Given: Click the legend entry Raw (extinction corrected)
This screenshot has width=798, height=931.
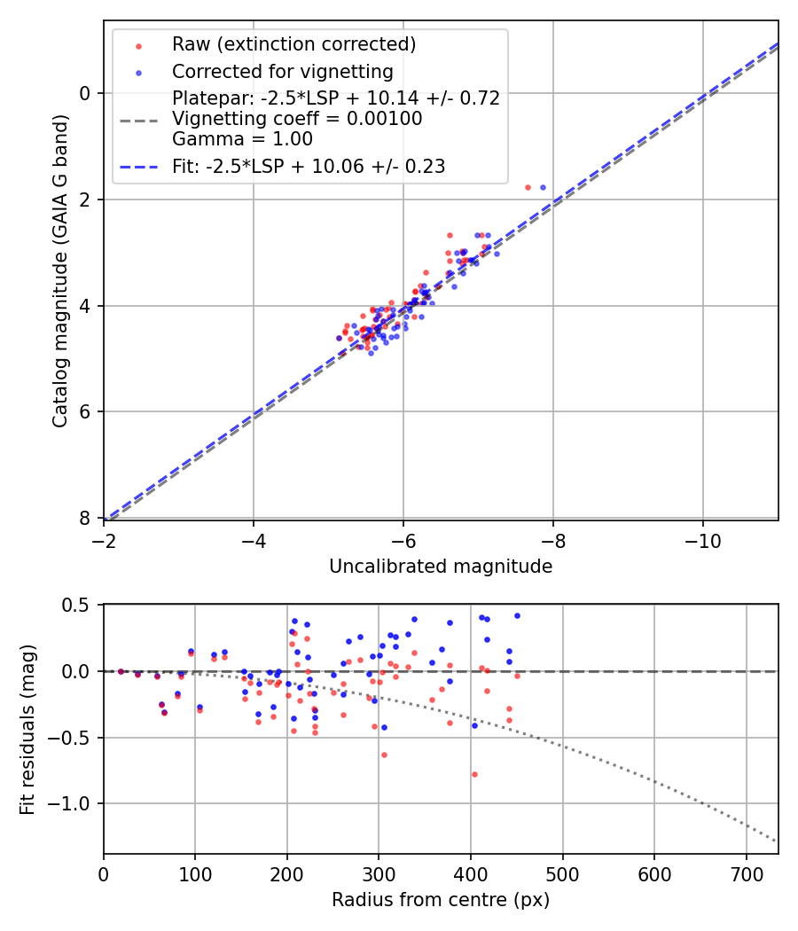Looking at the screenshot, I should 293,44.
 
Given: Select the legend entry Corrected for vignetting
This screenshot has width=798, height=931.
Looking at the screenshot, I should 282,71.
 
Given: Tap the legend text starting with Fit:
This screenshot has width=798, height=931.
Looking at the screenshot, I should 308,166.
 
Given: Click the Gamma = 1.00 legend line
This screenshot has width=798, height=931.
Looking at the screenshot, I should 242,138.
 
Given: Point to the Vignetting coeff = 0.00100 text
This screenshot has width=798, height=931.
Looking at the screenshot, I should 297,119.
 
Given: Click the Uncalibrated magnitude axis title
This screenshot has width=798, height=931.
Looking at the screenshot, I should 441,567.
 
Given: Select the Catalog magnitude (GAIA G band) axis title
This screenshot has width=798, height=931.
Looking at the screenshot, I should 60,270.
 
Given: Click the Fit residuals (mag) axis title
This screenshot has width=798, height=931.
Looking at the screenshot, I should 27,729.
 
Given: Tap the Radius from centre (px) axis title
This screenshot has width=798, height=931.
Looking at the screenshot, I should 441,900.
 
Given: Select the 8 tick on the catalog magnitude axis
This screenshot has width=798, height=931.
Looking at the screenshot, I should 86,518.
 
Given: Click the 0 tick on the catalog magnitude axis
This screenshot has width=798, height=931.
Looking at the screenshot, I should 86,93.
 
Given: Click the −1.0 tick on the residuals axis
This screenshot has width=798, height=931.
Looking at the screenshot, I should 75,803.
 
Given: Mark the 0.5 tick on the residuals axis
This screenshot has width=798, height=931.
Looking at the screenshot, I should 80,605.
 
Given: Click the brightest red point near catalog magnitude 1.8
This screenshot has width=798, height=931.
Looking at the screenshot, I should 528,187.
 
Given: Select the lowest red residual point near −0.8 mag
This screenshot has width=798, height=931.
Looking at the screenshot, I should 474,774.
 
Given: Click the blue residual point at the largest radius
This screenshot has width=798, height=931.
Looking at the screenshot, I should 517,615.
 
